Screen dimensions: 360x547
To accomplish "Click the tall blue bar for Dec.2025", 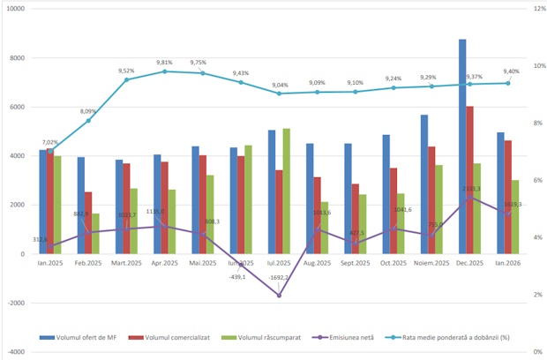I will coord(462,146).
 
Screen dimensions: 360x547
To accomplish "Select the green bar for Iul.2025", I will coord(286,191).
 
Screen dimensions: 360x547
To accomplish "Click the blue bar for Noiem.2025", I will coord(424,184).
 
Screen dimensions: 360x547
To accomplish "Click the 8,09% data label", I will coord(88,111).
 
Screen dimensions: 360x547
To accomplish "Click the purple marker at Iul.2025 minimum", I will coord(279,295).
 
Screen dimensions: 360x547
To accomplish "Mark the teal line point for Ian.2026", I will coord(510,83).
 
